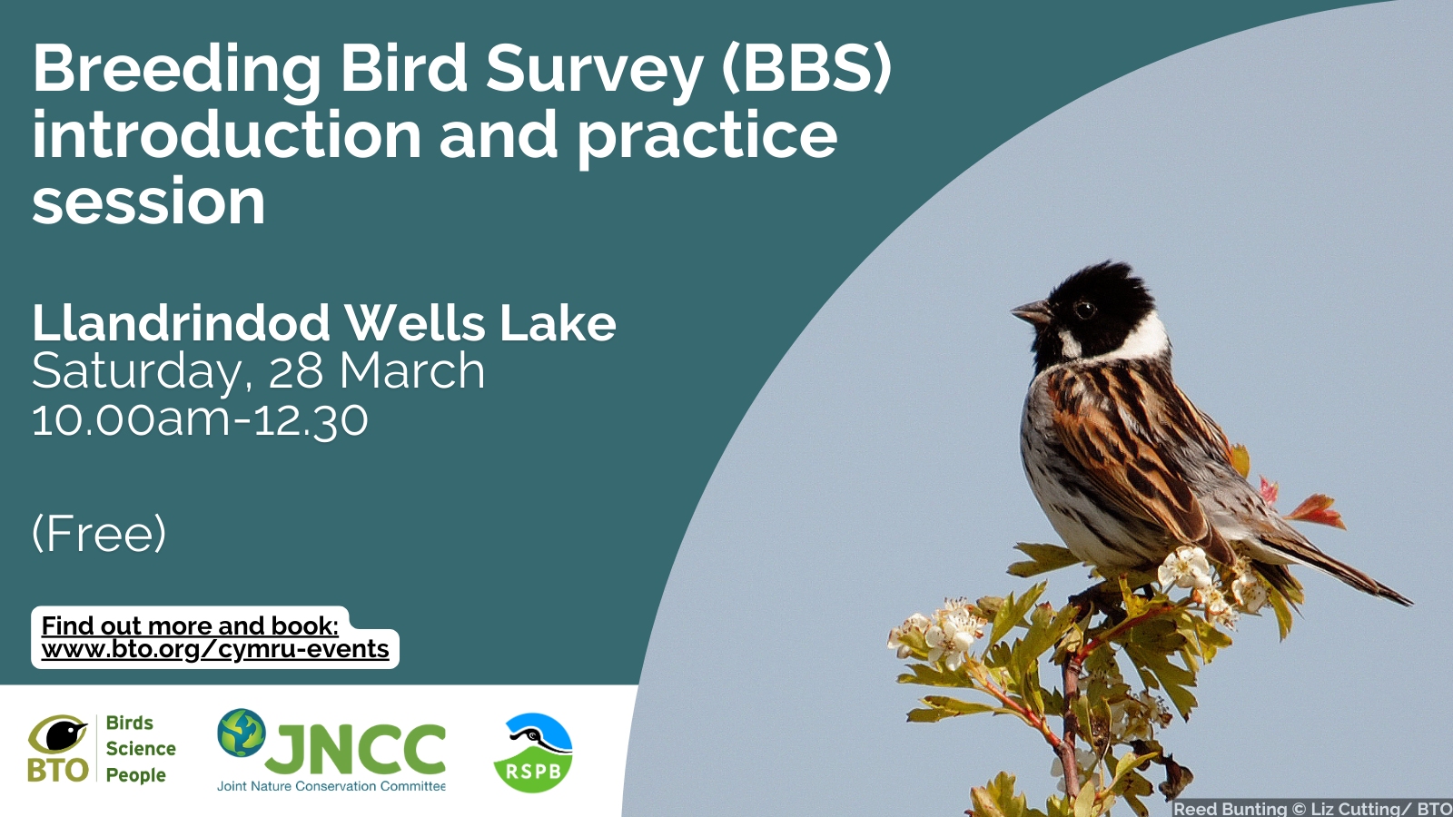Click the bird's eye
click(1084, 310)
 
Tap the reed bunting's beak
click(1032, 312)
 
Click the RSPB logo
click(532, 753)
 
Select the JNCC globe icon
click(242, 733)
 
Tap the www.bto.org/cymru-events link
click(214, 649)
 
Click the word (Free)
click(99, 534)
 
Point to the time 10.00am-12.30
click(200, 420)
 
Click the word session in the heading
click(149, 202)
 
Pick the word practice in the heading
click(707, 137)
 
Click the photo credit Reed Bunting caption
click(1312, 809)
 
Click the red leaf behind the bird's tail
click(1317, 510)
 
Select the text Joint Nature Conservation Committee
click(331, 786)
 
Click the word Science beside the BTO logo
click(141, 749)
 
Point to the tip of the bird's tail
click(1410, 604)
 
